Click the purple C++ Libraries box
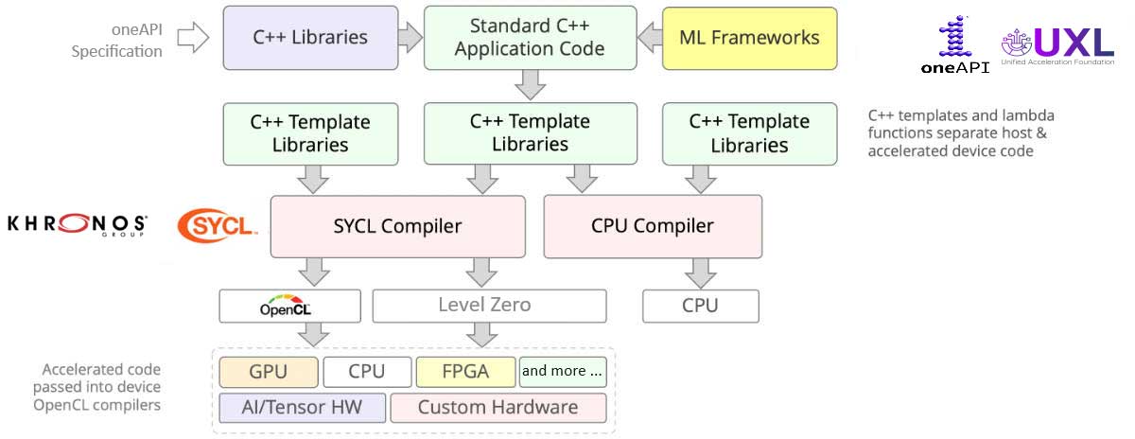point(309,38)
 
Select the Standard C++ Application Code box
point(529,38)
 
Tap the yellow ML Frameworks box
point(749,38)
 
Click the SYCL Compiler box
point(397,226)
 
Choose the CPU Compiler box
point(652,226)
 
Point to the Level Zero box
point(488,306)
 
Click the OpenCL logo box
point(289,307)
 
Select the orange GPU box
point(268,372)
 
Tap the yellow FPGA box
point(465,372)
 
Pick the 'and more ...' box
point(562,372)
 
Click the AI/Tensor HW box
point(303,408)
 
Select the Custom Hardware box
point(498,408)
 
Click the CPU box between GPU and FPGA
point(367,372)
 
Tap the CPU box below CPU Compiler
point(700,306)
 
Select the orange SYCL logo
point(216,225)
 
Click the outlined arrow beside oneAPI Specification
point(193,38)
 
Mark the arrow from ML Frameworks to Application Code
point(649,38)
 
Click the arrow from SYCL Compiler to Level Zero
point(481,272)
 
